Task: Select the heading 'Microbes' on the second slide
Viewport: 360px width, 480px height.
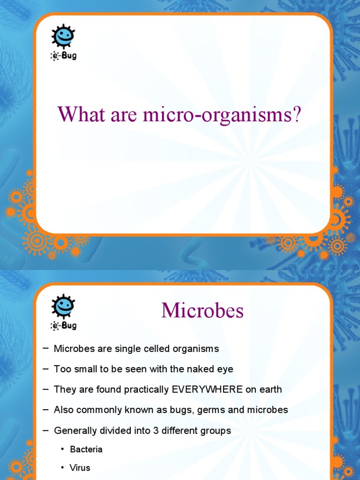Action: click(x=202, y=311)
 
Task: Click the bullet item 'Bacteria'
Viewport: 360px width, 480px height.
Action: click(x=86, y=450)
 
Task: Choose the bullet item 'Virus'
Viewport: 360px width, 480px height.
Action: click(x=80, y=468)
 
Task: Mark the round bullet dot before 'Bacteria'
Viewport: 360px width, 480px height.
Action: click(x=62, y=450)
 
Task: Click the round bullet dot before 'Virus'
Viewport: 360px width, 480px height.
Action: click(x=62, y=468)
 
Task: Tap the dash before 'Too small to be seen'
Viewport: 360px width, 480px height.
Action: click(x=45, y=369)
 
